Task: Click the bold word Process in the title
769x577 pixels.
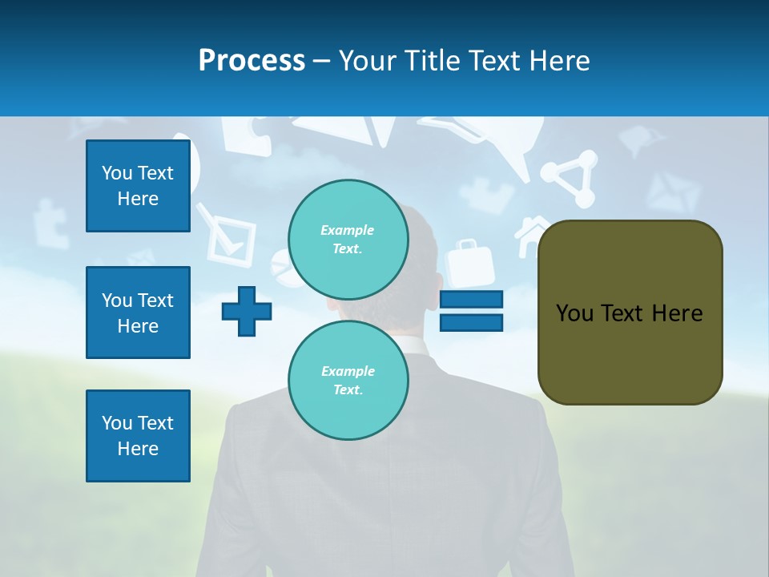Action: [x=252, y=61]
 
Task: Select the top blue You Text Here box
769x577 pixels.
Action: [x=138, y=186]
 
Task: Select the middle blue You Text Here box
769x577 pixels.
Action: [x=138, y=313]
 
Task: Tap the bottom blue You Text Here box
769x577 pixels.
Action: [x=138, y=436]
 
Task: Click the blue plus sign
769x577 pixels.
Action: [x=247, y=311]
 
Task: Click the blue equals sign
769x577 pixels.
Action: [x=471, y=311]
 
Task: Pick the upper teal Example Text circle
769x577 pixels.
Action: [x=348, y=239]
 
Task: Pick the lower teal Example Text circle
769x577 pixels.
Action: [x=348, y=380]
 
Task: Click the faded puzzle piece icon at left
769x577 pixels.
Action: [x=50, y=222]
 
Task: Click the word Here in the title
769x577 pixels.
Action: [x=558, y=61]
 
